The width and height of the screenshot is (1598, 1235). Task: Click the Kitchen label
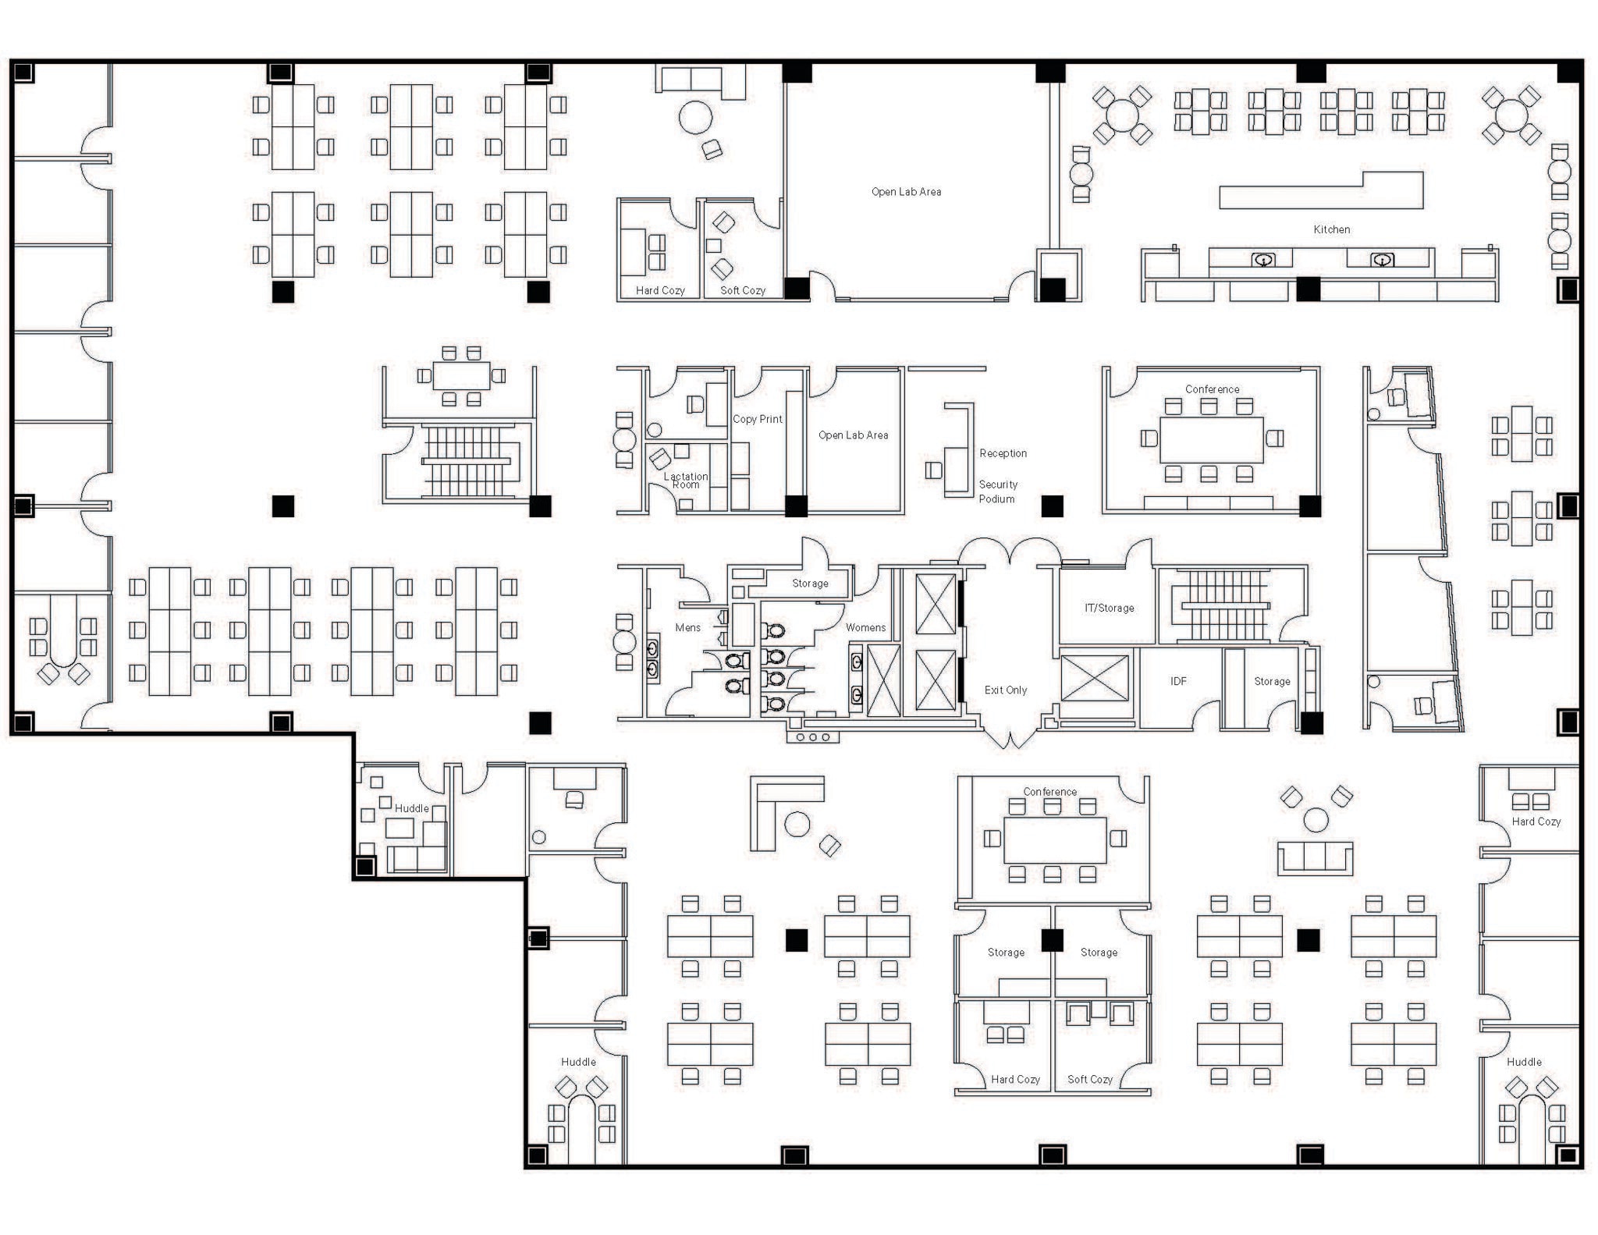point(1331,229)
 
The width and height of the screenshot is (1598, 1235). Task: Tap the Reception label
point(1003,453)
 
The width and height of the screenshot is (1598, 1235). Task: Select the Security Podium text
point(998,492)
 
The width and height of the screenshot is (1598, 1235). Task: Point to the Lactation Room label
point(685,481)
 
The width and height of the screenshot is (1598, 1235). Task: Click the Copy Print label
point(757,419)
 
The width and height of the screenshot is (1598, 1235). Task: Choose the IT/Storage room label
point(1109,608)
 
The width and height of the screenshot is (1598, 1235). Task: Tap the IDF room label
point(1178,681)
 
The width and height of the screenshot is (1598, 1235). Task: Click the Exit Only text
point(1005,690)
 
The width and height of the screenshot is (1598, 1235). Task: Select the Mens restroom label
point(687,627)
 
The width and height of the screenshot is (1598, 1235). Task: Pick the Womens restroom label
point(865,627)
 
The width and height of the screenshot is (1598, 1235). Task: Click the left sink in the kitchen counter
point(1263,260)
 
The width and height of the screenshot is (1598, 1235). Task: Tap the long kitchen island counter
point(1321,190)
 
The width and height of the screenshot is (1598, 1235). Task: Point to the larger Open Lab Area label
point(906,191)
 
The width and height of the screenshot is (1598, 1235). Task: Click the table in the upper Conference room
point(1211,439)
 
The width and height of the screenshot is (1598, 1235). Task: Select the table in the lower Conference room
point(1054,839)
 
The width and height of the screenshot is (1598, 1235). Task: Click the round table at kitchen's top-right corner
point(1511,115)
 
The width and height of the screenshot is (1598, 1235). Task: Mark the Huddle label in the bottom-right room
point(1524,1062)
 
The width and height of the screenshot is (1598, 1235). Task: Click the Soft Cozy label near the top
point(742,290)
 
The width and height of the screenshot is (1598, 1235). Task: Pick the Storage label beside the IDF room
point(1272,681)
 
